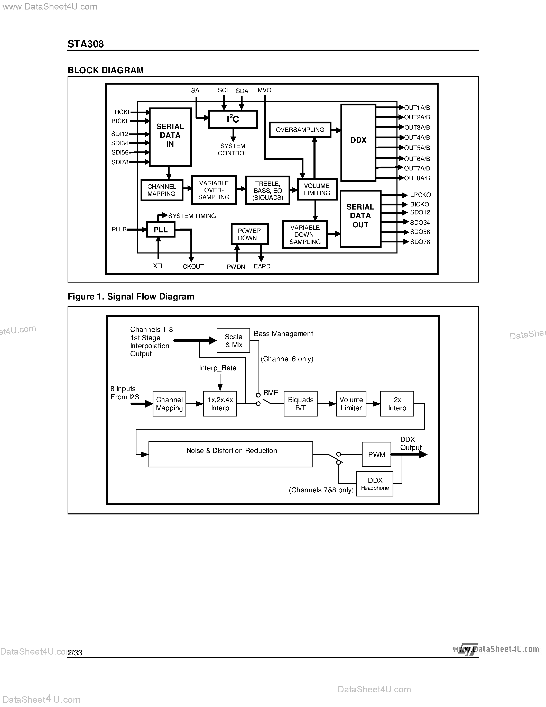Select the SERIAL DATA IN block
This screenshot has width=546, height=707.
[170, 137]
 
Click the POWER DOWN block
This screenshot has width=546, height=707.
[249, 234]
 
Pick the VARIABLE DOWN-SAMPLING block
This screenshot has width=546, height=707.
[305, 235]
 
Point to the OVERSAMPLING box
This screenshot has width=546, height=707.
[300, 130]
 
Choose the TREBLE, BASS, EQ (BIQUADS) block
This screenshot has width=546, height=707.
[267, 190]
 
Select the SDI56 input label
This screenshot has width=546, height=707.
[120, 152]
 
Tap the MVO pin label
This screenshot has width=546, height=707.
[264, 90]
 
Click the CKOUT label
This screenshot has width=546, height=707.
[193, 266]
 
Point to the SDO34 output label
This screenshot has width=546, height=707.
[420, 222]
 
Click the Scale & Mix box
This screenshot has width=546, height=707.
[233, 341]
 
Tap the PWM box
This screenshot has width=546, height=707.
[376, 455]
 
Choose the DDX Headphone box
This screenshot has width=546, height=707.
[375, 484]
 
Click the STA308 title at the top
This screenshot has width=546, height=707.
[86, 44]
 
